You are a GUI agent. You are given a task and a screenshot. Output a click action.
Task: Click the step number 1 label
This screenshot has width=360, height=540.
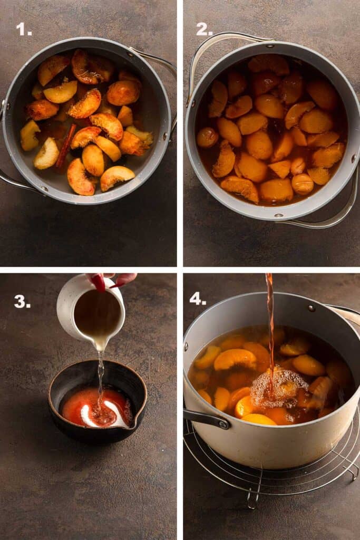pyautogui.click(x=24, y=29)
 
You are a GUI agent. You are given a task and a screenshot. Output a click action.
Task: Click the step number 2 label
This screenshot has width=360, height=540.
pyautogui.click(x=204, y=30)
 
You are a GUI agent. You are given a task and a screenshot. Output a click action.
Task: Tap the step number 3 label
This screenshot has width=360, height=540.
pyautogui.click(x=22, y=302)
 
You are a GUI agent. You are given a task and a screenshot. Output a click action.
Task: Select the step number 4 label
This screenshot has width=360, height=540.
pyautogui.click(x=198, y=298)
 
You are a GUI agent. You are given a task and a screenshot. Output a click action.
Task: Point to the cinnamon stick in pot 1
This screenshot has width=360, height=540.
pyautogui.click(x=66, y=145)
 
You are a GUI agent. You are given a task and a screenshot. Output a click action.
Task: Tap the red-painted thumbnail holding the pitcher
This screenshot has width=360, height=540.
pyautogui.click(x=98, y=282)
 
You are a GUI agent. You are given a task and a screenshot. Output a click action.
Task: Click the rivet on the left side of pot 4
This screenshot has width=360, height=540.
pyautogui.click(x=187, y=346)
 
